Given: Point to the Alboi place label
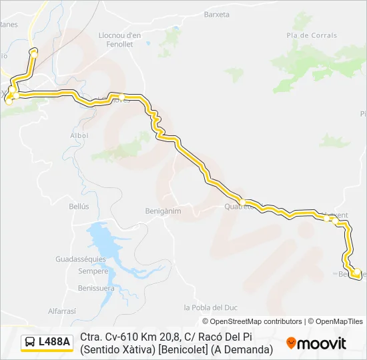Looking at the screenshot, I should click(79, 135).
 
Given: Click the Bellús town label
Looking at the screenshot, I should click(79, 207).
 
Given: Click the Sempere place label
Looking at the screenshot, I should click(93, 271).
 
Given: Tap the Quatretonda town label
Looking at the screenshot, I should click(240, 207).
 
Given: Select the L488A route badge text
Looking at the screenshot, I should click(54, 342).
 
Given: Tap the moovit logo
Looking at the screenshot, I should click(316, 343).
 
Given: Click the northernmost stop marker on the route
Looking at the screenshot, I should click(33, 51).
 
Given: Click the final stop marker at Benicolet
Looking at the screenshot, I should click(356, 272).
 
